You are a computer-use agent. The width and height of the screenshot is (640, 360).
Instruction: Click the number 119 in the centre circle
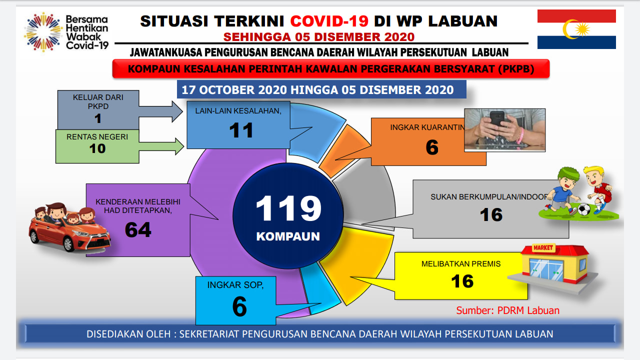pyautogui.click(x=288, y=208)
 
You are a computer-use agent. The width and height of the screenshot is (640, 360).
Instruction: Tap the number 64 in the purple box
pyautogui.click(x=138, y=229)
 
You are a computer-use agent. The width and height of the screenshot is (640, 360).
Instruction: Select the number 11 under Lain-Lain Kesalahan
pyautogui.click(x=241, y=130)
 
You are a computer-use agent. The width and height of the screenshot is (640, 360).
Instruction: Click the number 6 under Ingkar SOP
pyautogui.click(x=239, y=306)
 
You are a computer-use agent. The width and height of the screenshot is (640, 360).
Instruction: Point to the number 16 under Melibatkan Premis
pyautogui.click(x=462, y=281)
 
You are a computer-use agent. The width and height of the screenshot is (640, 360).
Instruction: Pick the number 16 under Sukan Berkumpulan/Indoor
pyautogui.click(x=491, y=215)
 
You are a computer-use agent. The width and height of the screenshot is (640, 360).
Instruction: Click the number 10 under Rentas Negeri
pyautogui.click(x=97, y=148)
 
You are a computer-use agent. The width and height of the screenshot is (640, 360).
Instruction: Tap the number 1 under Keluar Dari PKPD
pyautogui.click(x=98, y=118)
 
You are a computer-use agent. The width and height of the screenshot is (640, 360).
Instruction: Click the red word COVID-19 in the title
pyautogui.click(x=329, y=21)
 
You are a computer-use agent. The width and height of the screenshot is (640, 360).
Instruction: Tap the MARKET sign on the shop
pyautogui.click(x=543, y=247)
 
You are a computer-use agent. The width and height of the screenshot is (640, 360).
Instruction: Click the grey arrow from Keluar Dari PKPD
pyautogui.click(x=161, y=111)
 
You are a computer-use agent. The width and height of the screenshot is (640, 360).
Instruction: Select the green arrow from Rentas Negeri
pyautogui.click(x=161, y=146)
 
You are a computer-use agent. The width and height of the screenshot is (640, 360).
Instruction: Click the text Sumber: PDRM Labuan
pyautogui.click(x=507, y=310)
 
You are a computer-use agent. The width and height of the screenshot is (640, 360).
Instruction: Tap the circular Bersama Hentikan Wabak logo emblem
pyautogui.click(x=43, y=32)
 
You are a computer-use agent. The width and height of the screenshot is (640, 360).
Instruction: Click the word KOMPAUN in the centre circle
pyautogui.click(x=288, y=236)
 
